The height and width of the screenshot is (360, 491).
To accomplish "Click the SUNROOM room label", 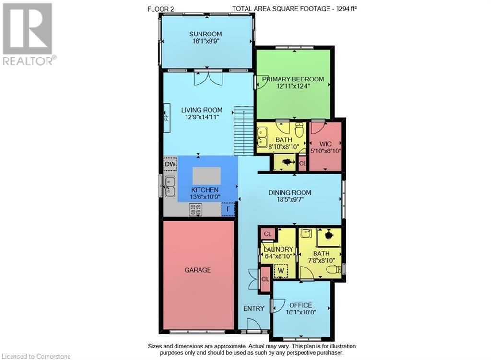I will point(206,34).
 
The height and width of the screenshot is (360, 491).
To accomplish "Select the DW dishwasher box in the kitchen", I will point(170,164).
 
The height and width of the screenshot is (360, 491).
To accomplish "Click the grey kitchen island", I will point(207,176).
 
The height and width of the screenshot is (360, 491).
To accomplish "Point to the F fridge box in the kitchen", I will point(228,209).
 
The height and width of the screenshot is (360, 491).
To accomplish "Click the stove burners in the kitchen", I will point(196,209).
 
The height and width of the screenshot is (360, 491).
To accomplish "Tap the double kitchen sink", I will point(170,186).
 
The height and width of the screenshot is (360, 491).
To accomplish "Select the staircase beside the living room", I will point(244,130).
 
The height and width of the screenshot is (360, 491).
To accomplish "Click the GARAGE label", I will point(198,270).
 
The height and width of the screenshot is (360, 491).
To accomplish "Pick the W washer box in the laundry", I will point(281,271).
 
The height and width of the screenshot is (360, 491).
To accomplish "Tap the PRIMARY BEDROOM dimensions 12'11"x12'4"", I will point(293,87).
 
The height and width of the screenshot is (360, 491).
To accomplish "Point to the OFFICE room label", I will point(301,305).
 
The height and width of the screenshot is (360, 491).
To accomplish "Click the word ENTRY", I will point(254,308).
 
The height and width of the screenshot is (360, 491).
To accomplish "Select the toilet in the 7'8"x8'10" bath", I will point(334,270).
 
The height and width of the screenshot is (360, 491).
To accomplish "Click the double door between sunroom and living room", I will point(208,77).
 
